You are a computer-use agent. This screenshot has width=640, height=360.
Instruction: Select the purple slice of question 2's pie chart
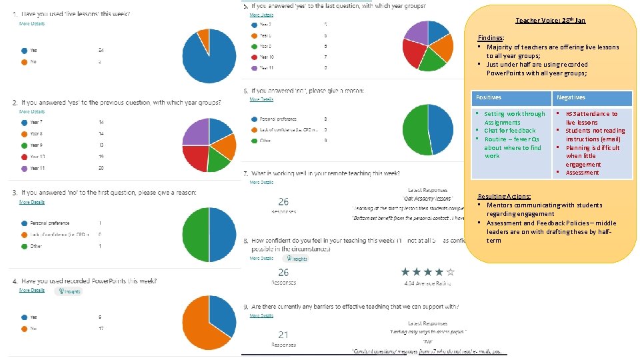[196, 131]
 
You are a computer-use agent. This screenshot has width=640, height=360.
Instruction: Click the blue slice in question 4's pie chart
[222, 315]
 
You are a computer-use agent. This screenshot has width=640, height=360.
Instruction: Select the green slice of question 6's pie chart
[415, 131]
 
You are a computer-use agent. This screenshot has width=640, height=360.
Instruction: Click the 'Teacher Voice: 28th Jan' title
[550, 21]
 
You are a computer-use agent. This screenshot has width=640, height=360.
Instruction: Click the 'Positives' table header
[487, 97]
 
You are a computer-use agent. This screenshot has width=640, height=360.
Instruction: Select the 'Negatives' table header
[571, 97]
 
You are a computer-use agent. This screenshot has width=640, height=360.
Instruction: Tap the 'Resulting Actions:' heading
[505, 197]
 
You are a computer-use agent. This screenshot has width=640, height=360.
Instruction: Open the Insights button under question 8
[295, 258]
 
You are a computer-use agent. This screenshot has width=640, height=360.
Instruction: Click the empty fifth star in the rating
[451, 271]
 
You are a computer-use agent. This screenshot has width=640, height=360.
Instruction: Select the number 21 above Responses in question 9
[283, 334]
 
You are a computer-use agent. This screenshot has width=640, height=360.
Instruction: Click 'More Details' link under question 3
[31, 201]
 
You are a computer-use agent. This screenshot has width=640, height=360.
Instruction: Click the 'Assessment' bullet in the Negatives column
[582, 173]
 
